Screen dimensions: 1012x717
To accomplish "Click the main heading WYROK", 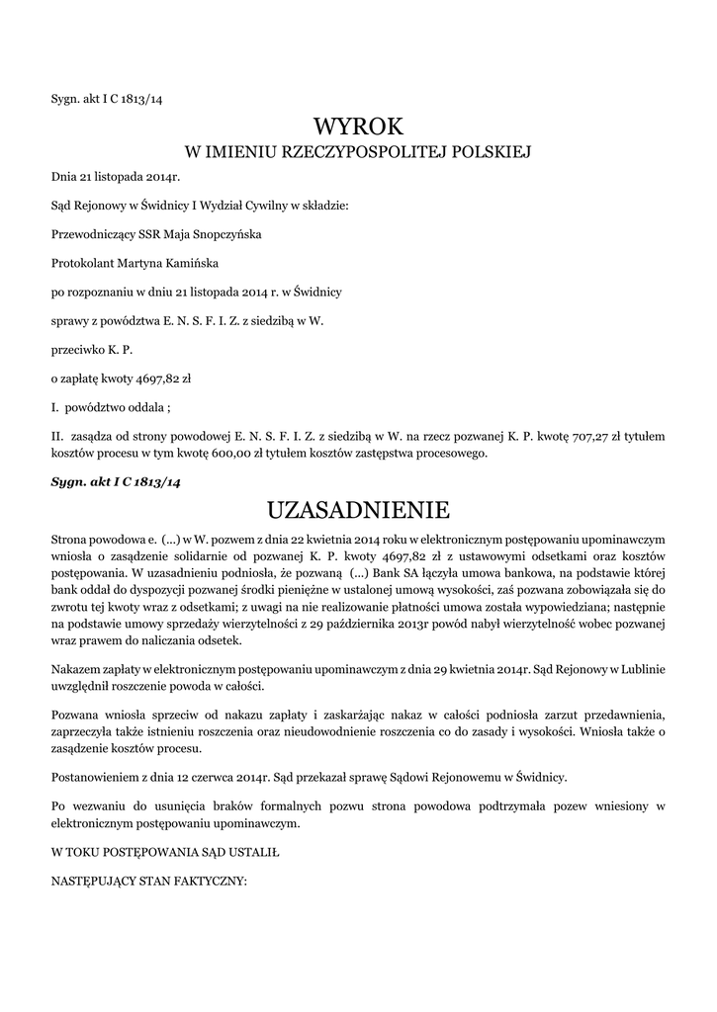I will pos(358,126).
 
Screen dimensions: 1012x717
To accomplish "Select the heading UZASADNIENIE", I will pos(358,510).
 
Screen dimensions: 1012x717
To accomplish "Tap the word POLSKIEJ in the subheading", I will pos(492,152).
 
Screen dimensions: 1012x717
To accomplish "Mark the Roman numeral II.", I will pos(56,436).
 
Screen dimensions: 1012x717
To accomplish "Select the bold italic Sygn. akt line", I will pos(116,481).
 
